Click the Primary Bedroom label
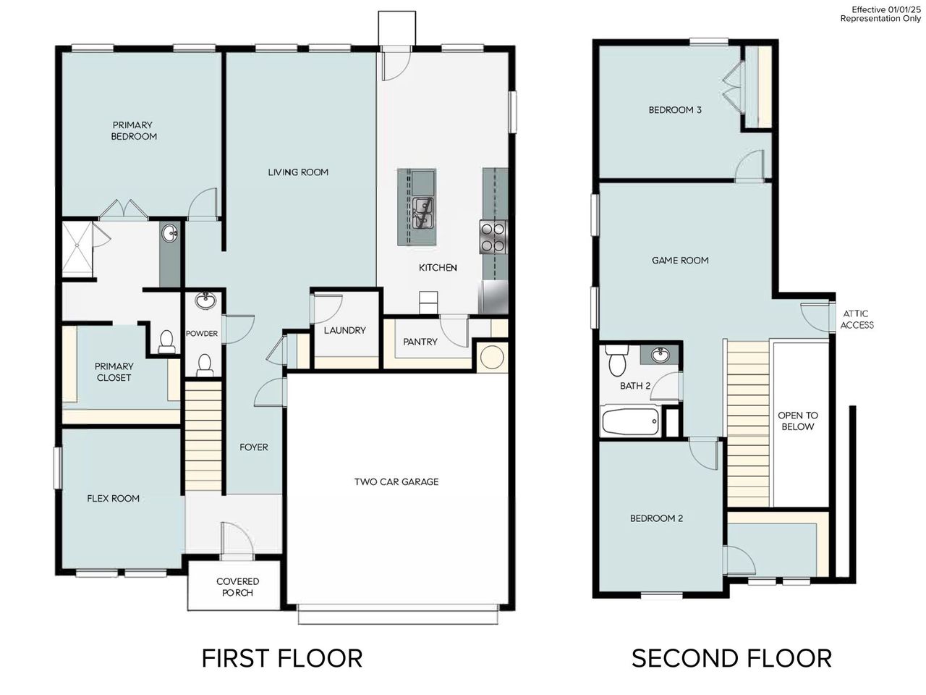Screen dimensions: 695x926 click(133, 130)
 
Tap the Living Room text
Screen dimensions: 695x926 click(298, 172)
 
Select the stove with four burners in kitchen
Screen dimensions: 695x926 click(493, 237)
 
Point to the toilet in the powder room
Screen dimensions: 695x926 click(205, 363)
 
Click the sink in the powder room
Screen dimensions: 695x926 click(205, 300)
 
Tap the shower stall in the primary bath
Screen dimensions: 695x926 click(78, 250)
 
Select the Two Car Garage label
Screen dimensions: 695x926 click(396, 481)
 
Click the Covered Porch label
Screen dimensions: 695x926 click(237, 587)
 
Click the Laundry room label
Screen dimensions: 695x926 click(344, 330)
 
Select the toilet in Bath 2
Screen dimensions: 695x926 click(617, 360)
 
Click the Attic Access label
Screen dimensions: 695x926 click(856, 319)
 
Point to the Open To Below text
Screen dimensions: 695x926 click(797, 421)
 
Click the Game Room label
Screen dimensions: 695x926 click(680, 260)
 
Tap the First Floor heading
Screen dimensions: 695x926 click(281, 658)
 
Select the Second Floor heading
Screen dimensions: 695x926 click(731, 658)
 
